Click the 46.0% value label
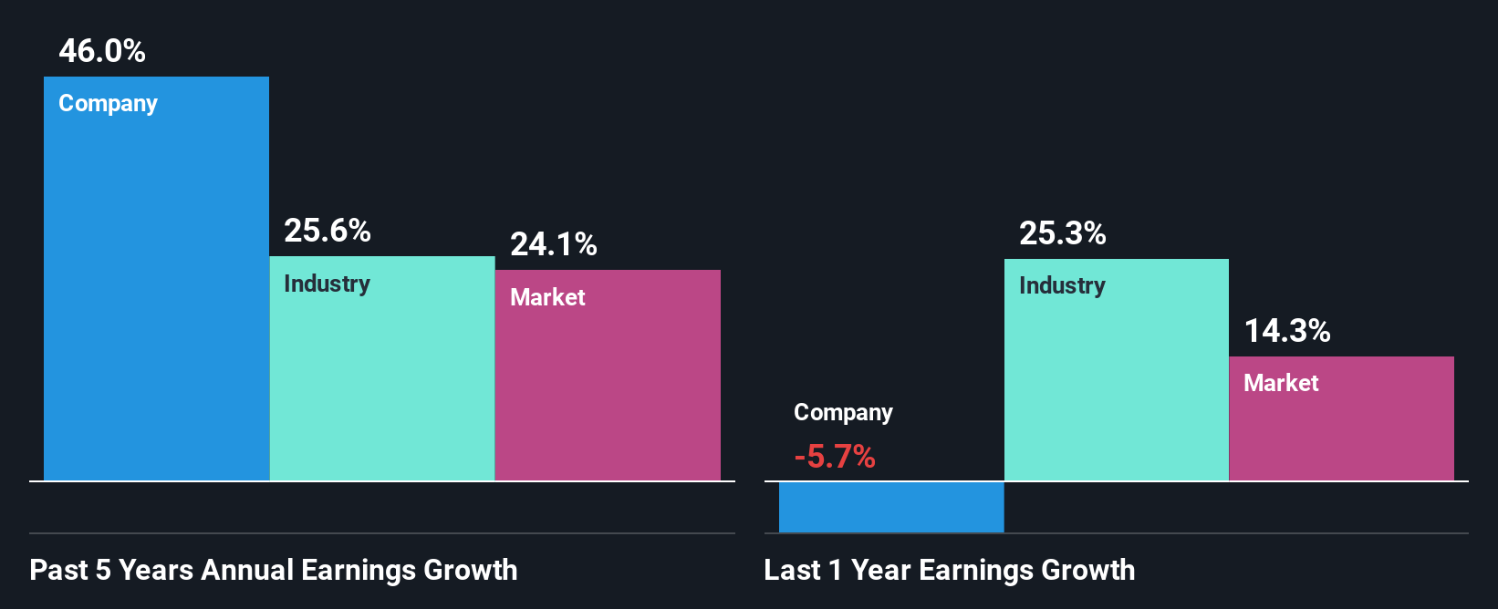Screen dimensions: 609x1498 click(102, 51)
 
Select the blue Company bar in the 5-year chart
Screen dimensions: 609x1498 click(156, 292)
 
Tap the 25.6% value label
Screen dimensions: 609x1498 click(327, 231)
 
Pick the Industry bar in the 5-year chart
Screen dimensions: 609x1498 click(382, 383)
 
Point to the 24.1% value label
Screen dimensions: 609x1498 click(553, 244)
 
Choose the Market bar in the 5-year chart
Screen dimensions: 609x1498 click(608, 392)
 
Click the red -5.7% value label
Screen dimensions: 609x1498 click(834, 456)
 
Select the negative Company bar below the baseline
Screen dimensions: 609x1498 click(891, 507)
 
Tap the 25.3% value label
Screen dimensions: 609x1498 click(1062, 233)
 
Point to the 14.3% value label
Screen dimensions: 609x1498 click(1287, 331)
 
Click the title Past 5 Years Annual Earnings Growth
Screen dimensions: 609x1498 click(274, 570)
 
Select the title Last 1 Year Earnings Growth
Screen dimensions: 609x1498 click(949, 570)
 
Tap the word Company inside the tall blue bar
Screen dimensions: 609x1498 click(108, 104)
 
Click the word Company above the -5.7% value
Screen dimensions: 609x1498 click(843, 413)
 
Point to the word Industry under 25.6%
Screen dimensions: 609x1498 click(327, 284)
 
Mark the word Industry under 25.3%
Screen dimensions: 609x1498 click(1062, 286)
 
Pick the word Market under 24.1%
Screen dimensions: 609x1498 click(547, 297)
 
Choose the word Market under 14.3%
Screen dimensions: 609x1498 click(1281, 383)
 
